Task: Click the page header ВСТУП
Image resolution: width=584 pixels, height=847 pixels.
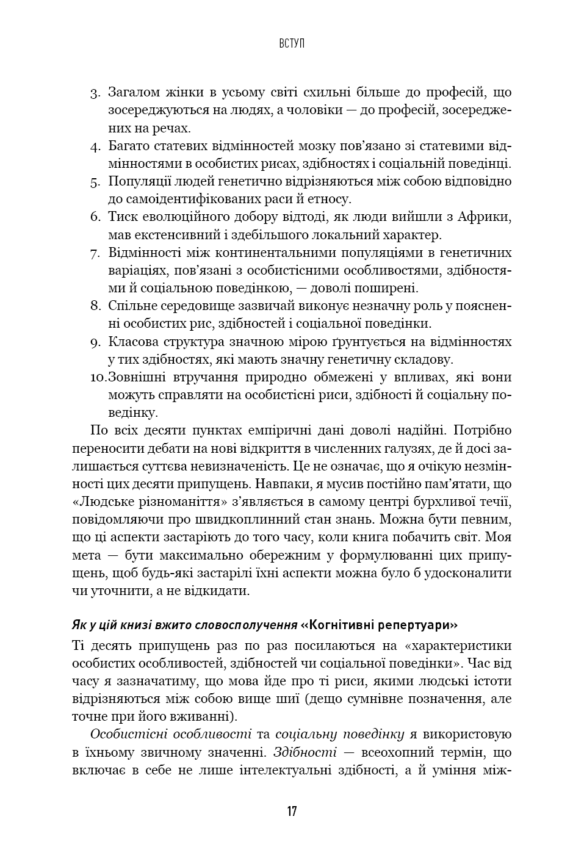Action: pyautogui.click(x=292, y=43)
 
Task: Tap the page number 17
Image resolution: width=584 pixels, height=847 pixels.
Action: pyautogui.click(x=292, y=811)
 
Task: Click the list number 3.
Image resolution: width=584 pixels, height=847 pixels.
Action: pyautogui.click(x=95, y=93)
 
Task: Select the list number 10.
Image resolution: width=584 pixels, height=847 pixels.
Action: pyautogui.click(x=98, y=378)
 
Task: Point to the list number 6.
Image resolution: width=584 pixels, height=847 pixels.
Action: pyautogui.click(x=95, y=217)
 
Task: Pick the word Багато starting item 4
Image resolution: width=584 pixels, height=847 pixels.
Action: pyautogui.click(x=129, y=146)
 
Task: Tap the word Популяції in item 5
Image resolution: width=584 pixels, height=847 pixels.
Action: pyautogui.click(x=138, y=181)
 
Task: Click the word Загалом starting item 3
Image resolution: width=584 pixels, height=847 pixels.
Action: pyautogui.click(x=134, y=93)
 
